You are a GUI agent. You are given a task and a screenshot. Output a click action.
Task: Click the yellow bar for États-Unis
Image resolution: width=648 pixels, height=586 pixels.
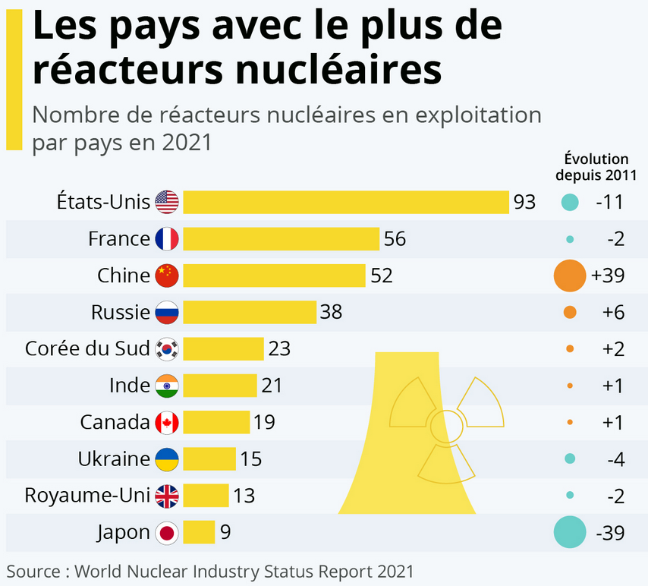(x=345, y=203)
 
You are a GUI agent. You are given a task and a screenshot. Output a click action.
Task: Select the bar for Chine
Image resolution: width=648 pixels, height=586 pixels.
(x=274, y=276)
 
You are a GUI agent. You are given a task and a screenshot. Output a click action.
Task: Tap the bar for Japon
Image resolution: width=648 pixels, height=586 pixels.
(x=199, y=532)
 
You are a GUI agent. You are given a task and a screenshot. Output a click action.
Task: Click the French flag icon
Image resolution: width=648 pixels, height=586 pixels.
(x=167, y=239)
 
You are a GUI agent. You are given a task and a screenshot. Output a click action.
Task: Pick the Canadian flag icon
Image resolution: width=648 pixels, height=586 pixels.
(x=167, y=422)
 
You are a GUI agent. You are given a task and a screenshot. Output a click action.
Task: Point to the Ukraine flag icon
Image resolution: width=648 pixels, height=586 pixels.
(x=167, y=458)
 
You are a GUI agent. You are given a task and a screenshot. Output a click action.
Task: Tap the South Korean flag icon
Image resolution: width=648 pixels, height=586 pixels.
(x=167, y=349)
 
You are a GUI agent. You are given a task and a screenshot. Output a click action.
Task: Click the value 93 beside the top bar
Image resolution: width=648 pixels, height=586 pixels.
(x=524, y=203)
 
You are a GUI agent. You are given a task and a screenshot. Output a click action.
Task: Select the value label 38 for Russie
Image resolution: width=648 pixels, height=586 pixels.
(x=331, y=312)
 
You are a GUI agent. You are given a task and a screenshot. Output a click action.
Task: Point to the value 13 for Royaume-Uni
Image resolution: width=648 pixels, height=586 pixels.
(x=244, y=496)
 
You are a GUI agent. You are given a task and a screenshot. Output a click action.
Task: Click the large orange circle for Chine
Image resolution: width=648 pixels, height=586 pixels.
(x=570, y=276)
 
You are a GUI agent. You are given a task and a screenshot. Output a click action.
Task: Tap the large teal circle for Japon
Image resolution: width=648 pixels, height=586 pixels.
(x=570, y=532)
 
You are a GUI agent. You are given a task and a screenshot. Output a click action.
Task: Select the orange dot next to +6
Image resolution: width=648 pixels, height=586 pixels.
(x=570, y=312)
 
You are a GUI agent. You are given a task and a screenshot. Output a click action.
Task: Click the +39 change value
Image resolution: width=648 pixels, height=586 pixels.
(x=608, y=276)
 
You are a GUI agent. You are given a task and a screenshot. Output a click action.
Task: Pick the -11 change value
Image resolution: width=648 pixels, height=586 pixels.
(x=609, y=203)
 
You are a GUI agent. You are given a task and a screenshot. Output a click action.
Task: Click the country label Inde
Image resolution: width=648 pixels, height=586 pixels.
(x=130, y=386)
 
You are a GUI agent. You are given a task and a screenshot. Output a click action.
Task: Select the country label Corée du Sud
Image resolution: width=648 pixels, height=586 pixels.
(x=87, y=349)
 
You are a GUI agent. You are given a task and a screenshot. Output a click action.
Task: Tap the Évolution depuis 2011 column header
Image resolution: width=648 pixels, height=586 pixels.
(x=596, y=166)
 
